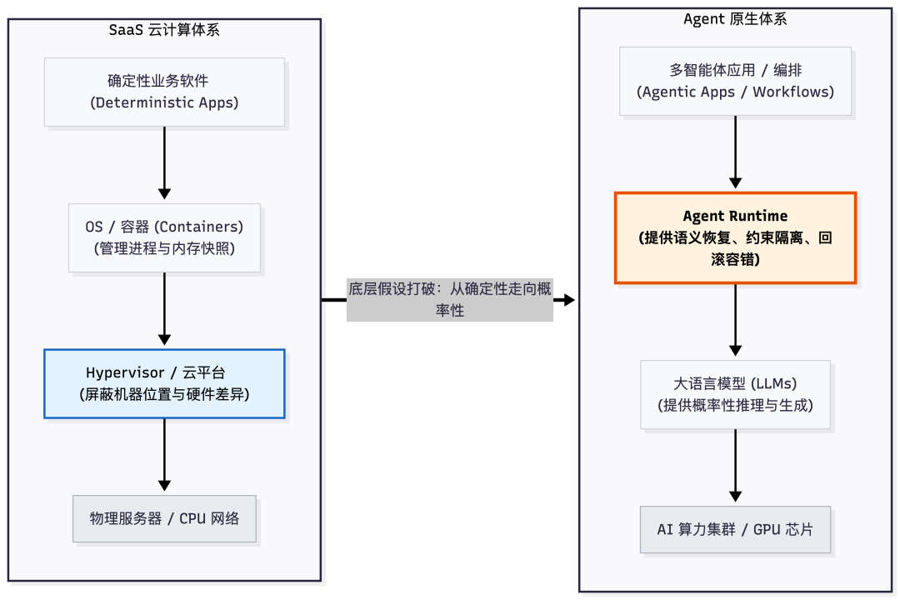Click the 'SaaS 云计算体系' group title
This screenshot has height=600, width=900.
point(164,31)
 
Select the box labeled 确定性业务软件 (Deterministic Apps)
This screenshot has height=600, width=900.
point(164,92)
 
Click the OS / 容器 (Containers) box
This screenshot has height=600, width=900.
point(164,237)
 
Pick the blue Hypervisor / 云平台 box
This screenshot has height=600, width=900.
point(164,383)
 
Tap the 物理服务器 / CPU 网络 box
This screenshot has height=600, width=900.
point(164,518)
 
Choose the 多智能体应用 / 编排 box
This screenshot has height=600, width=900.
point(735,81)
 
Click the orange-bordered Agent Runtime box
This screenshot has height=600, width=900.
point(735,238)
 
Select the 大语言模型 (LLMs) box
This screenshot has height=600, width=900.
point(735,394)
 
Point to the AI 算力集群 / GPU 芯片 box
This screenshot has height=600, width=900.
point(735,529)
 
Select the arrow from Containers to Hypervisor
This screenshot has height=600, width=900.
point(164,308)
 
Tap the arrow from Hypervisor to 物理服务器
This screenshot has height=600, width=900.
point(164,454)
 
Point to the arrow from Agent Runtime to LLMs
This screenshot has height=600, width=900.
point(735,321)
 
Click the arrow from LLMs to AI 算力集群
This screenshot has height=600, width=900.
point(735,467)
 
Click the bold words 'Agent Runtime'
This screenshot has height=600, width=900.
point(735,217)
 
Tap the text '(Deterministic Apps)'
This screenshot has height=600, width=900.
point(164,103)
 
